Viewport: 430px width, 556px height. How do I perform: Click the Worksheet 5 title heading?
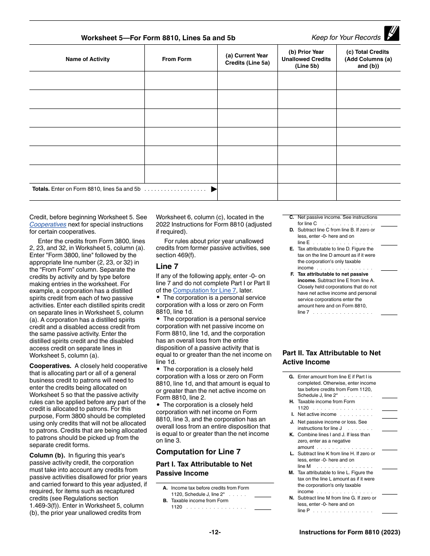[158, 38]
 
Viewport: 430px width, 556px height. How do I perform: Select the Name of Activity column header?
[87, 59]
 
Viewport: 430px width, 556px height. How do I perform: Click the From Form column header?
[177, 59]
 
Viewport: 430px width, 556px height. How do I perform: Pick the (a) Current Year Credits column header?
[247, 59]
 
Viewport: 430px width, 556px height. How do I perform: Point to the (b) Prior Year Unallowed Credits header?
[306, 59]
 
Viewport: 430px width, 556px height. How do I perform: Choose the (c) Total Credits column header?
[368, 59]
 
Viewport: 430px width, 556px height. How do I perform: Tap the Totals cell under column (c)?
[368, 192]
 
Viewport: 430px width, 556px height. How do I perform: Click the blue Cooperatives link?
[48, 225]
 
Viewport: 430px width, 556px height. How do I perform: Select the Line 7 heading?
[167, 267]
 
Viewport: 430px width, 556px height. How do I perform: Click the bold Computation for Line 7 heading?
[198, 452]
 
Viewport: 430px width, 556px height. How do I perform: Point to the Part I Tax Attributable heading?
[204, 469]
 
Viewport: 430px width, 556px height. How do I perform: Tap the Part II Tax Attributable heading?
[331, 358]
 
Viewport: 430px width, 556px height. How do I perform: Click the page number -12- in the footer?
[215, 532]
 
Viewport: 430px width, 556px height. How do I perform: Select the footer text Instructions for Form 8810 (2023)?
[349, 532]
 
